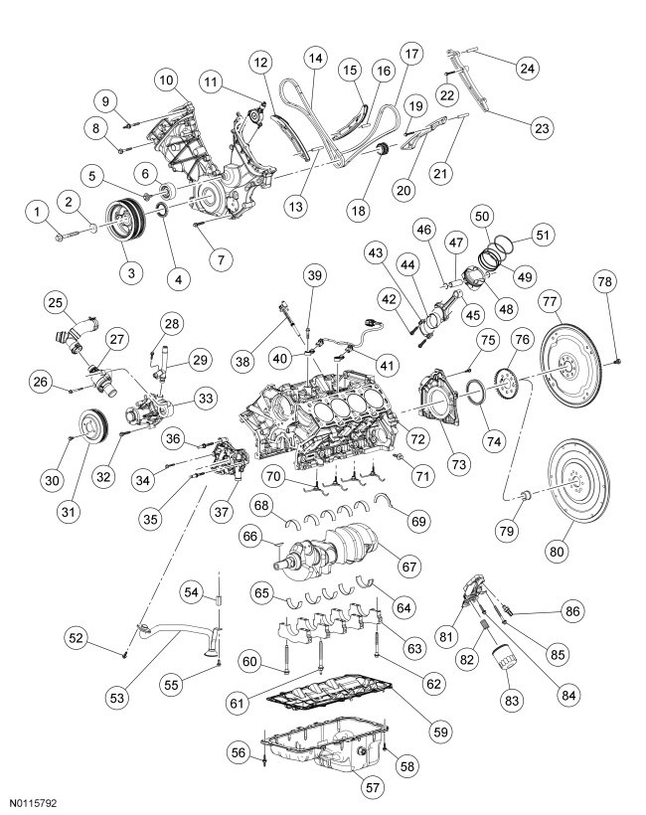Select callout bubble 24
pos(526,68)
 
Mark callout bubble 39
pos(314,276)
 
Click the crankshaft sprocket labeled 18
pos(377,152)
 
